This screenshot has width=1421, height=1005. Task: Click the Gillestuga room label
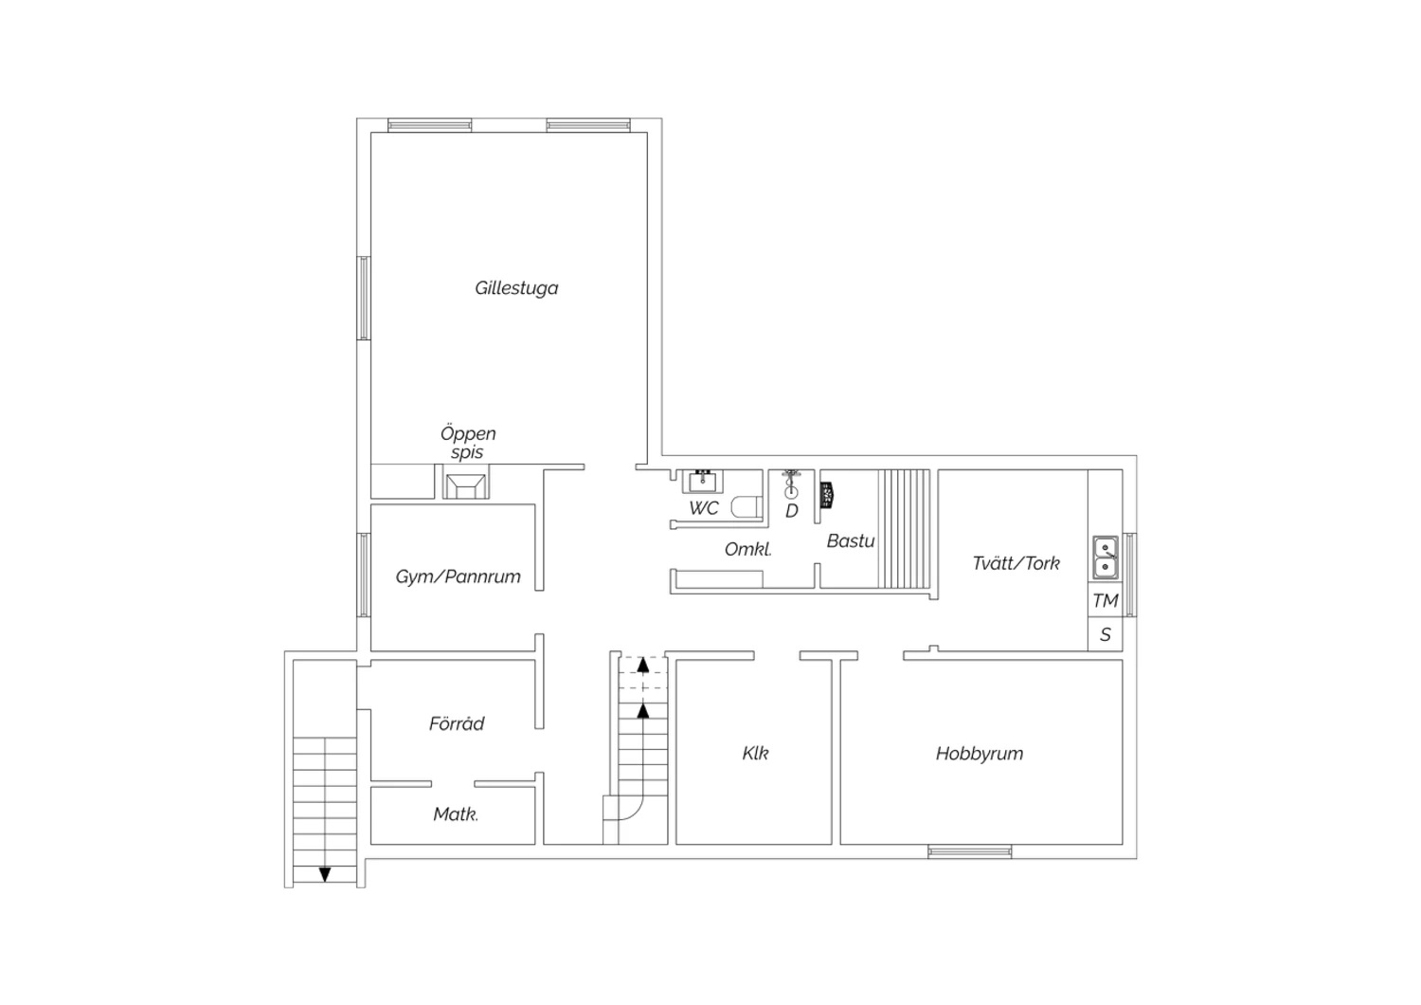516,288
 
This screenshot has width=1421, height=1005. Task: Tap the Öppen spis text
468,443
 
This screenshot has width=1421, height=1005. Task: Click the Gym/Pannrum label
458,576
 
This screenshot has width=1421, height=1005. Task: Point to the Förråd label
457,723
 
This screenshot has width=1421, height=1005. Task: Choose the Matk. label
456,813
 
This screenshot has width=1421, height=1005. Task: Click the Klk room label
755,754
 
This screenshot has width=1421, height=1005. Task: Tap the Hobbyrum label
980,754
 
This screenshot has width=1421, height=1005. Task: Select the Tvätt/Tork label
1016,563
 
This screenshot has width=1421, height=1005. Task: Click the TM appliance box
1106,600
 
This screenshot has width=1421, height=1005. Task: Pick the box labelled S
1106,633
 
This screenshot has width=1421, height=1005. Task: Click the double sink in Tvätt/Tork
1106,557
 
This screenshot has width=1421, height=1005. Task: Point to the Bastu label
851,541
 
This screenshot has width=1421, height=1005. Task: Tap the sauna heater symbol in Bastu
827,495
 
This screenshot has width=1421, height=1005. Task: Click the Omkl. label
748,549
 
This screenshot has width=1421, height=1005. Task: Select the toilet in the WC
746,507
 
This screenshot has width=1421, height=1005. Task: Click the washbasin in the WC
702,482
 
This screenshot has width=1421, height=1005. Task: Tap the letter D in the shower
792,511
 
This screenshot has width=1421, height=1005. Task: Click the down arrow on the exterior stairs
325,874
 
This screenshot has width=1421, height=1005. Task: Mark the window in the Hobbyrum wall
969,852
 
